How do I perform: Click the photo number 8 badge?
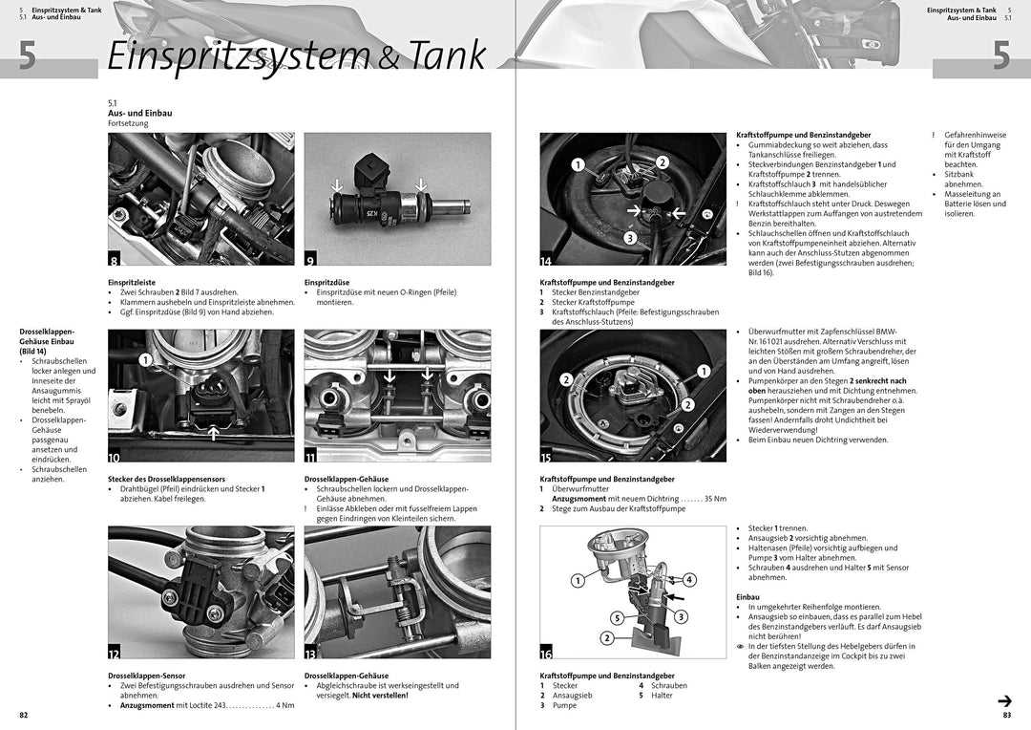click(115, 259)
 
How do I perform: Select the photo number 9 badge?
click(310, 259)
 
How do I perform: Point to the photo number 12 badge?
click(115, 654)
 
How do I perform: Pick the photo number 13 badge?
click(310, 654)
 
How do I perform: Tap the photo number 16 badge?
click(546, 654)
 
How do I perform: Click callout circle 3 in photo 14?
click(630, 237)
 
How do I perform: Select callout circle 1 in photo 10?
click(144, 360)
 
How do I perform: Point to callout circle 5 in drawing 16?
click(617, 617)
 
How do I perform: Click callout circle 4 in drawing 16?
click(689, 580)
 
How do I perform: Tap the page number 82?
click(24, 715)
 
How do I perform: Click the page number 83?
click(1006, 715)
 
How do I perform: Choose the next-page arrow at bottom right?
click(1004, 700)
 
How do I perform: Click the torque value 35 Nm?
click(715, 499)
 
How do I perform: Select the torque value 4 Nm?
click(284, 705)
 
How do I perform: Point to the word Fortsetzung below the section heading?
click(128, 123)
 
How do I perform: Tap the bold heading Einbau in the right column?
click(747, 596)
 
